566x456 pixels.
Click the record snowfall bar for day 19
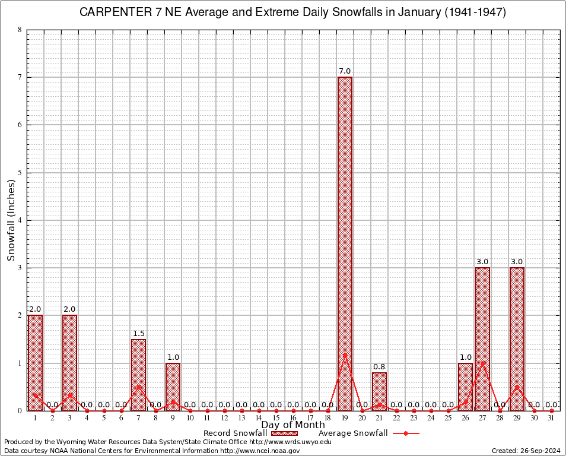(x=345, y=243)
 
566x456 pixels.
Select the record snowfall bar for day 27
(x=482, y=338)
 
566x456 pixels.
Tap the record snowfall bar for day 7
(x=138, y=375)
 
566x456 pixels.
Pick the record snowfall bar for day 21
(x=379, y=391)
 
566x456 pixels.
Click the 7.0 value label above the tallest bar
(x=345, y=71)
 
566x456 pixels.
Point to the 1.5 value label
(x=138, y=334)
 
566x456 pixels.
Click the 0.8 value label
(x=379, y=367)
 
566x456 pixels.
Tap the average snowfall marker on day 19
(x=345, y=355)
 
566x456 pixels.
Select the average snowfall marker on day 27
(x=482, y=363)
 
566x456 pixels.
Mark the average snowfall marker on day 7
(x=138, y=387)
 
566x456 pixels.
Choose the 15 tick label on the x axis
(x=276, y=418)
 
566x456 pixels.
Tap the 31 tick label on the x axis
(x=551, y=418)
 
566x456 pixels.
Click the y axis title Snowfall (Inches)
(x=11, y=220)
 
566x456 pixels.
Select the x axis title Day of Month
(x=293, y=425)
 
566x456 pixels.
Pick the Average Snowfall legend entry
(x=352, y=433)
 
